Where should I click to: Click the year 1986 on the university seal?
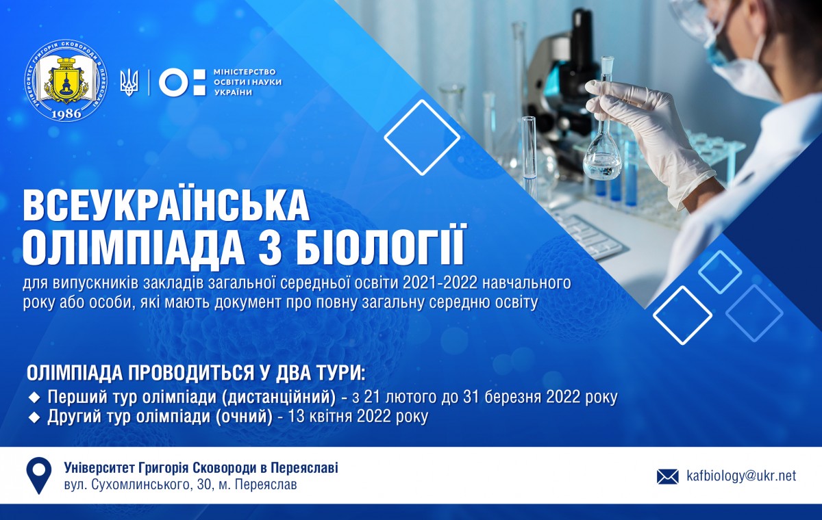66,113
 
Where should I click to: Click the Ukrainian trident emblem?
129,83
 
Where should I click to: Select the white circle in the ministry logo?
173,83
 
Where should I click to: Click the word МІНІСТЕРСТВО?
245,72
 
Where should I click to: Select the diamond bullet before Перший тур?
36,397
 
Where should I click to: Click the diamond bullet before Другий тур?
36,418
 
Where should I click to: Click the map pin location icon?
38,476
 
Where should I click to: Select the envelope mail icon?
667,477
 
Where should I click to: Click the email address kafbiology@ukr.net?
741,476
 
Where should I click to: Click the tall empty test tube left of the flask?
529,151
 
